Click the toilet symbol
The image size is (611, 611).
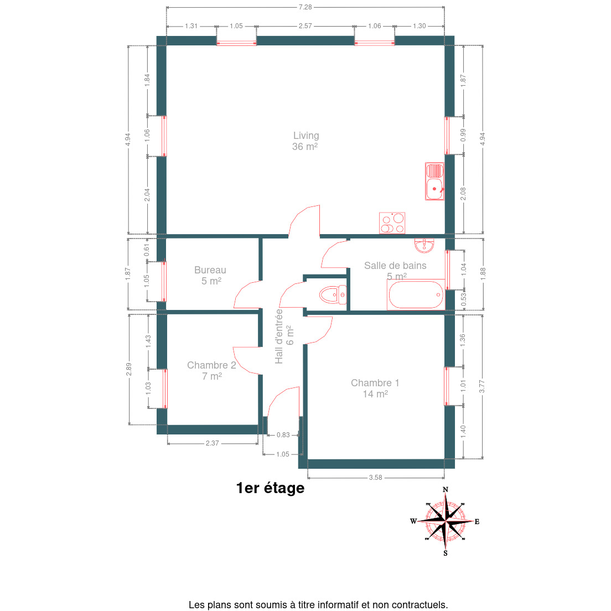[333, 294]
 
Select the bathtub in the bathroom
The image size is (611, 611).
[416, 294]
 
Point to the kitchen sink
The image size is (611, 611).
[434, 181]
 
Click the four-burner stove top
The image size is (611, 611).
[392, 223]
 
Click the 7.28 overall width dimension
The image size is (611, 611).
[305, 7]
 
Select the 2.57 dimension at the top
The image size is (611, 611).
[305, 26]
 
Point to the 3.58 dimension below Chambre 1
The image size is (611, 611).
[376, 477]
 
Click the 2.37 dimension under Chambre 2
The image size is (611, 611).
[213, 443]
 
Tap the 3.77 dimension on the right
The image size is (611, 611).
[482, 386]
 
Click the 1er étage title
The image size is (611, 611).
[270, 488]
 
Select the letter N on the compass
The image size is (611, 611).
[446, 490]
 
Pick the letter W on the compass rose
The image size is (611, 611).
[413, 521]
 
